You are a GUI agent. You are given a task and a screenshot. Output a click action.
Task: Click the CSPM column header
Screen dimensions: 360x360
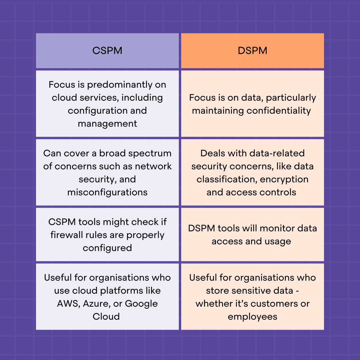pyautogui.click(x=107, y=51)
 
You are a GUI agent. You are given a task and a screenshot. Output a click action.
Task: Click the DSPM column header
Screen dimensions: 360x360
pyautogui.click(x=252, y=51)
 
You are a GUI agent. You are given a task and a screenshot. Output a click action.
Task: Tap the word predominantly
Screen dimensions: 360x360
pyautogui.click(x=120, y=85)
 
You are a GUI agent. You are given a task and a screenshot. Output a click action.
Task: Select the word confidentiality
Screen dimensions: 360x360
pyautogui.click(x=278, y=111)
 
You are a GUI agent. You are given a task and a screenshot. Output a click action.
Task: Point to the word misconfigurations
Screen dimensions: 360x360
pyautogui.click(x=107, y=192)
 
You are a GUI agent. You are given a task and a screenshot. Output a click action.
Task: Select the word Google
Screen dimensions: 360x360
pyautogui.click(x=141, y=304)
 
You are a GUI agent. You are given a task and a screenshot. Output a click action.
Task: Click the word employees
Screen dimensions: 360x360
pyautogui.click(x=252, y=317)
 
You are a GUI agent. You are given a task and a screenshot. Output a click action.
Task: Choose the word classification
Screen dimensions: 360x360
pyautogui.click(x=227, y=179)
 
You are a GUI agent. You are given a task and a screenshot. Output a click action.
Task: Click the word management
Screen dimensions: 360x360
pyautogui.click(x=107, y=124)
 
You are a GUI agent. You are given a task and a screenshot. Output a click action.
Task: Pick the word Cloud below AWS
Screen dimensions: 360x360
pyautogui.click(x=106, y=317)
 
